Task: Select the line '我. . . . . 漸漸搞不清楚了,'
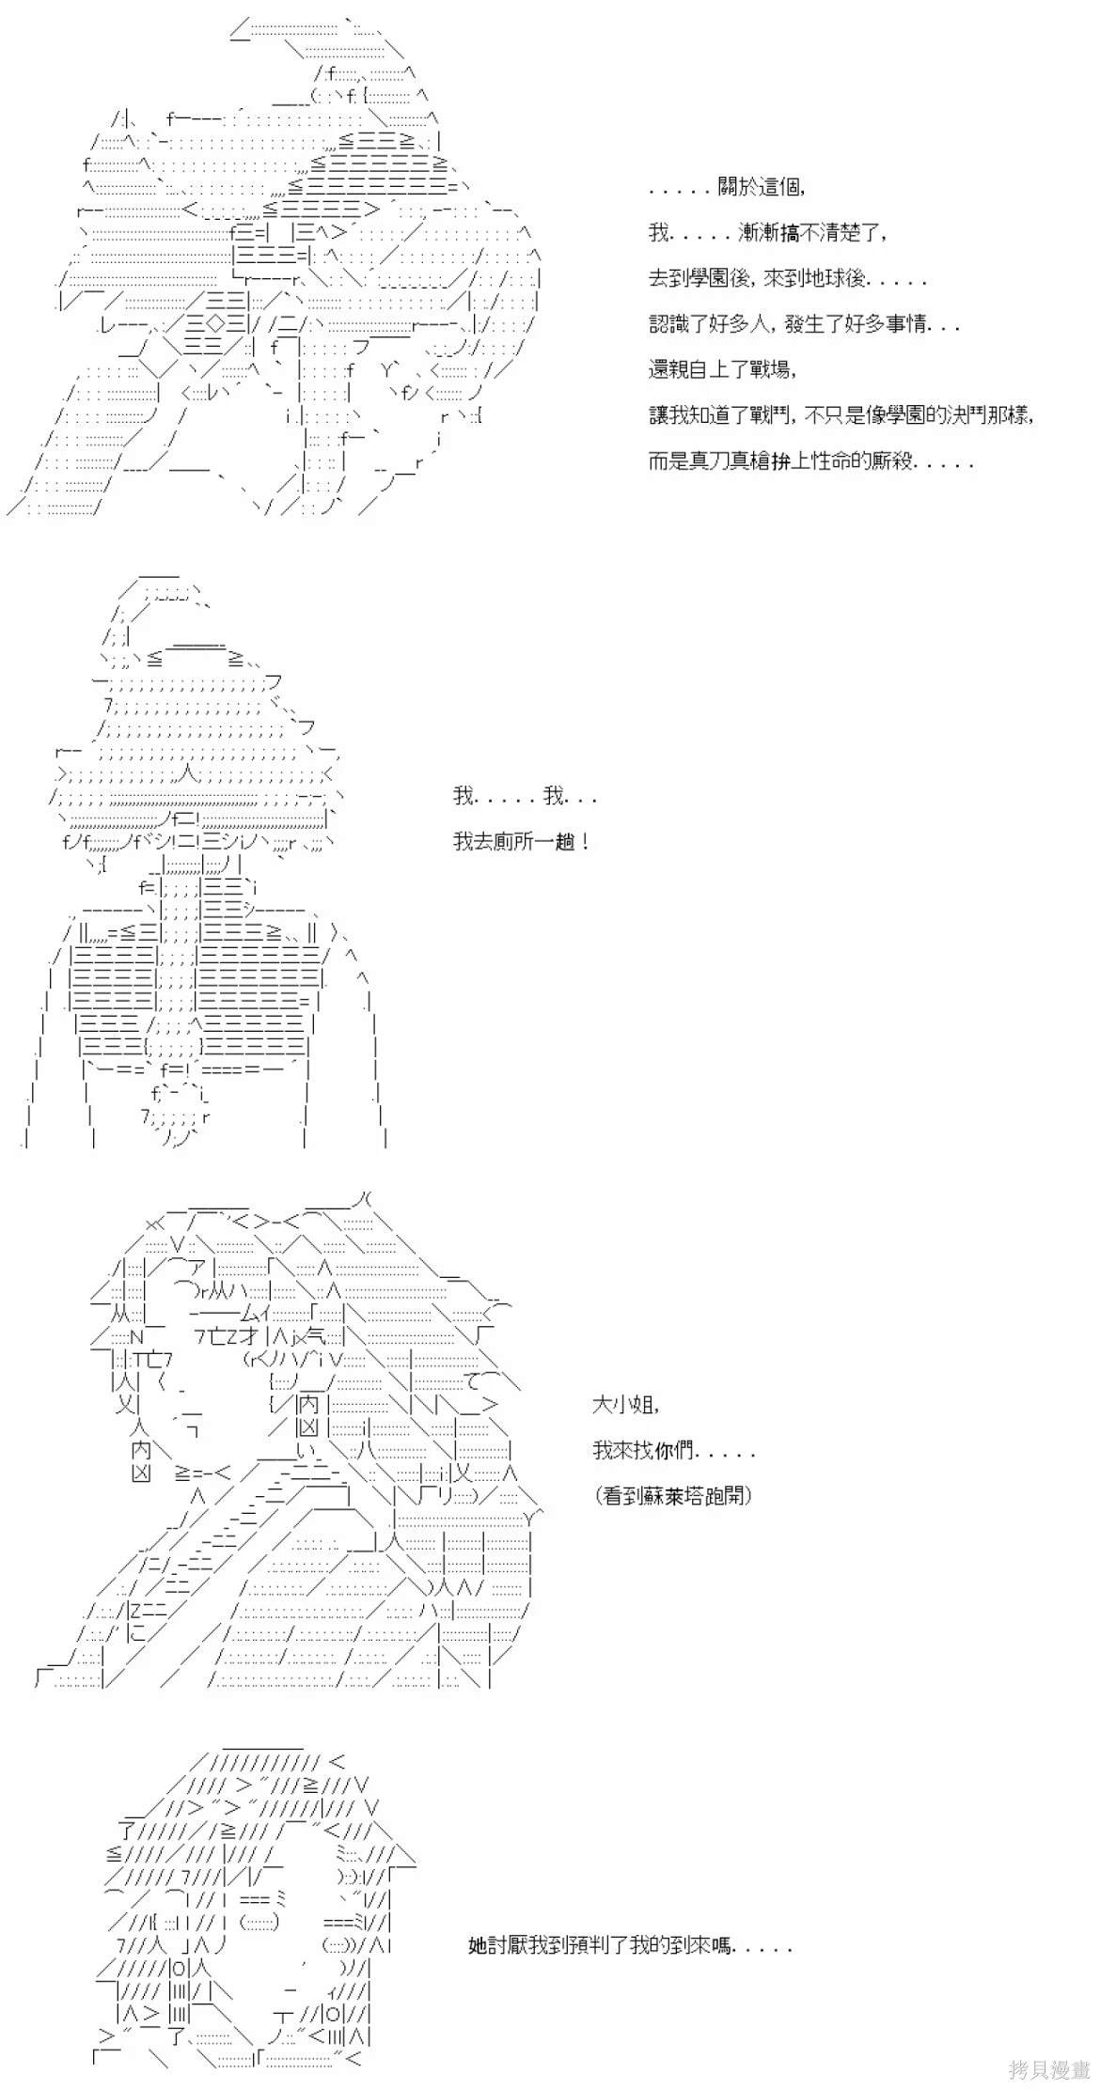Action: (x=766, y=232)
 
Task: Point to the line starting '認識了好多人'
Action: (x=804, y=324)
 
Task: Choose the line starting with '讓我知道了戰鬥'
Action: (x=841, y=414)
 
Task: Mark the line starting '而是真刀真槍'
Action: (x=810, y=460)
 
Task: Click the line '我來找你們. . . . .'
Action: (x=673, y=1450)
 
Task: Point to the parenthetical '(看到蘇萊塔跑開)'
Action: (x=673, y=1495)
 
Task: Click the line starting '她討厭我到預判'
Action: (x=630, y=1945)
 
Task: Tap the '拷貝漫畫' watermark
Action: (x=1048, y=2068)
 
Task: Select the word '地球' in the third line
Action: (x=819, y=278)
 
